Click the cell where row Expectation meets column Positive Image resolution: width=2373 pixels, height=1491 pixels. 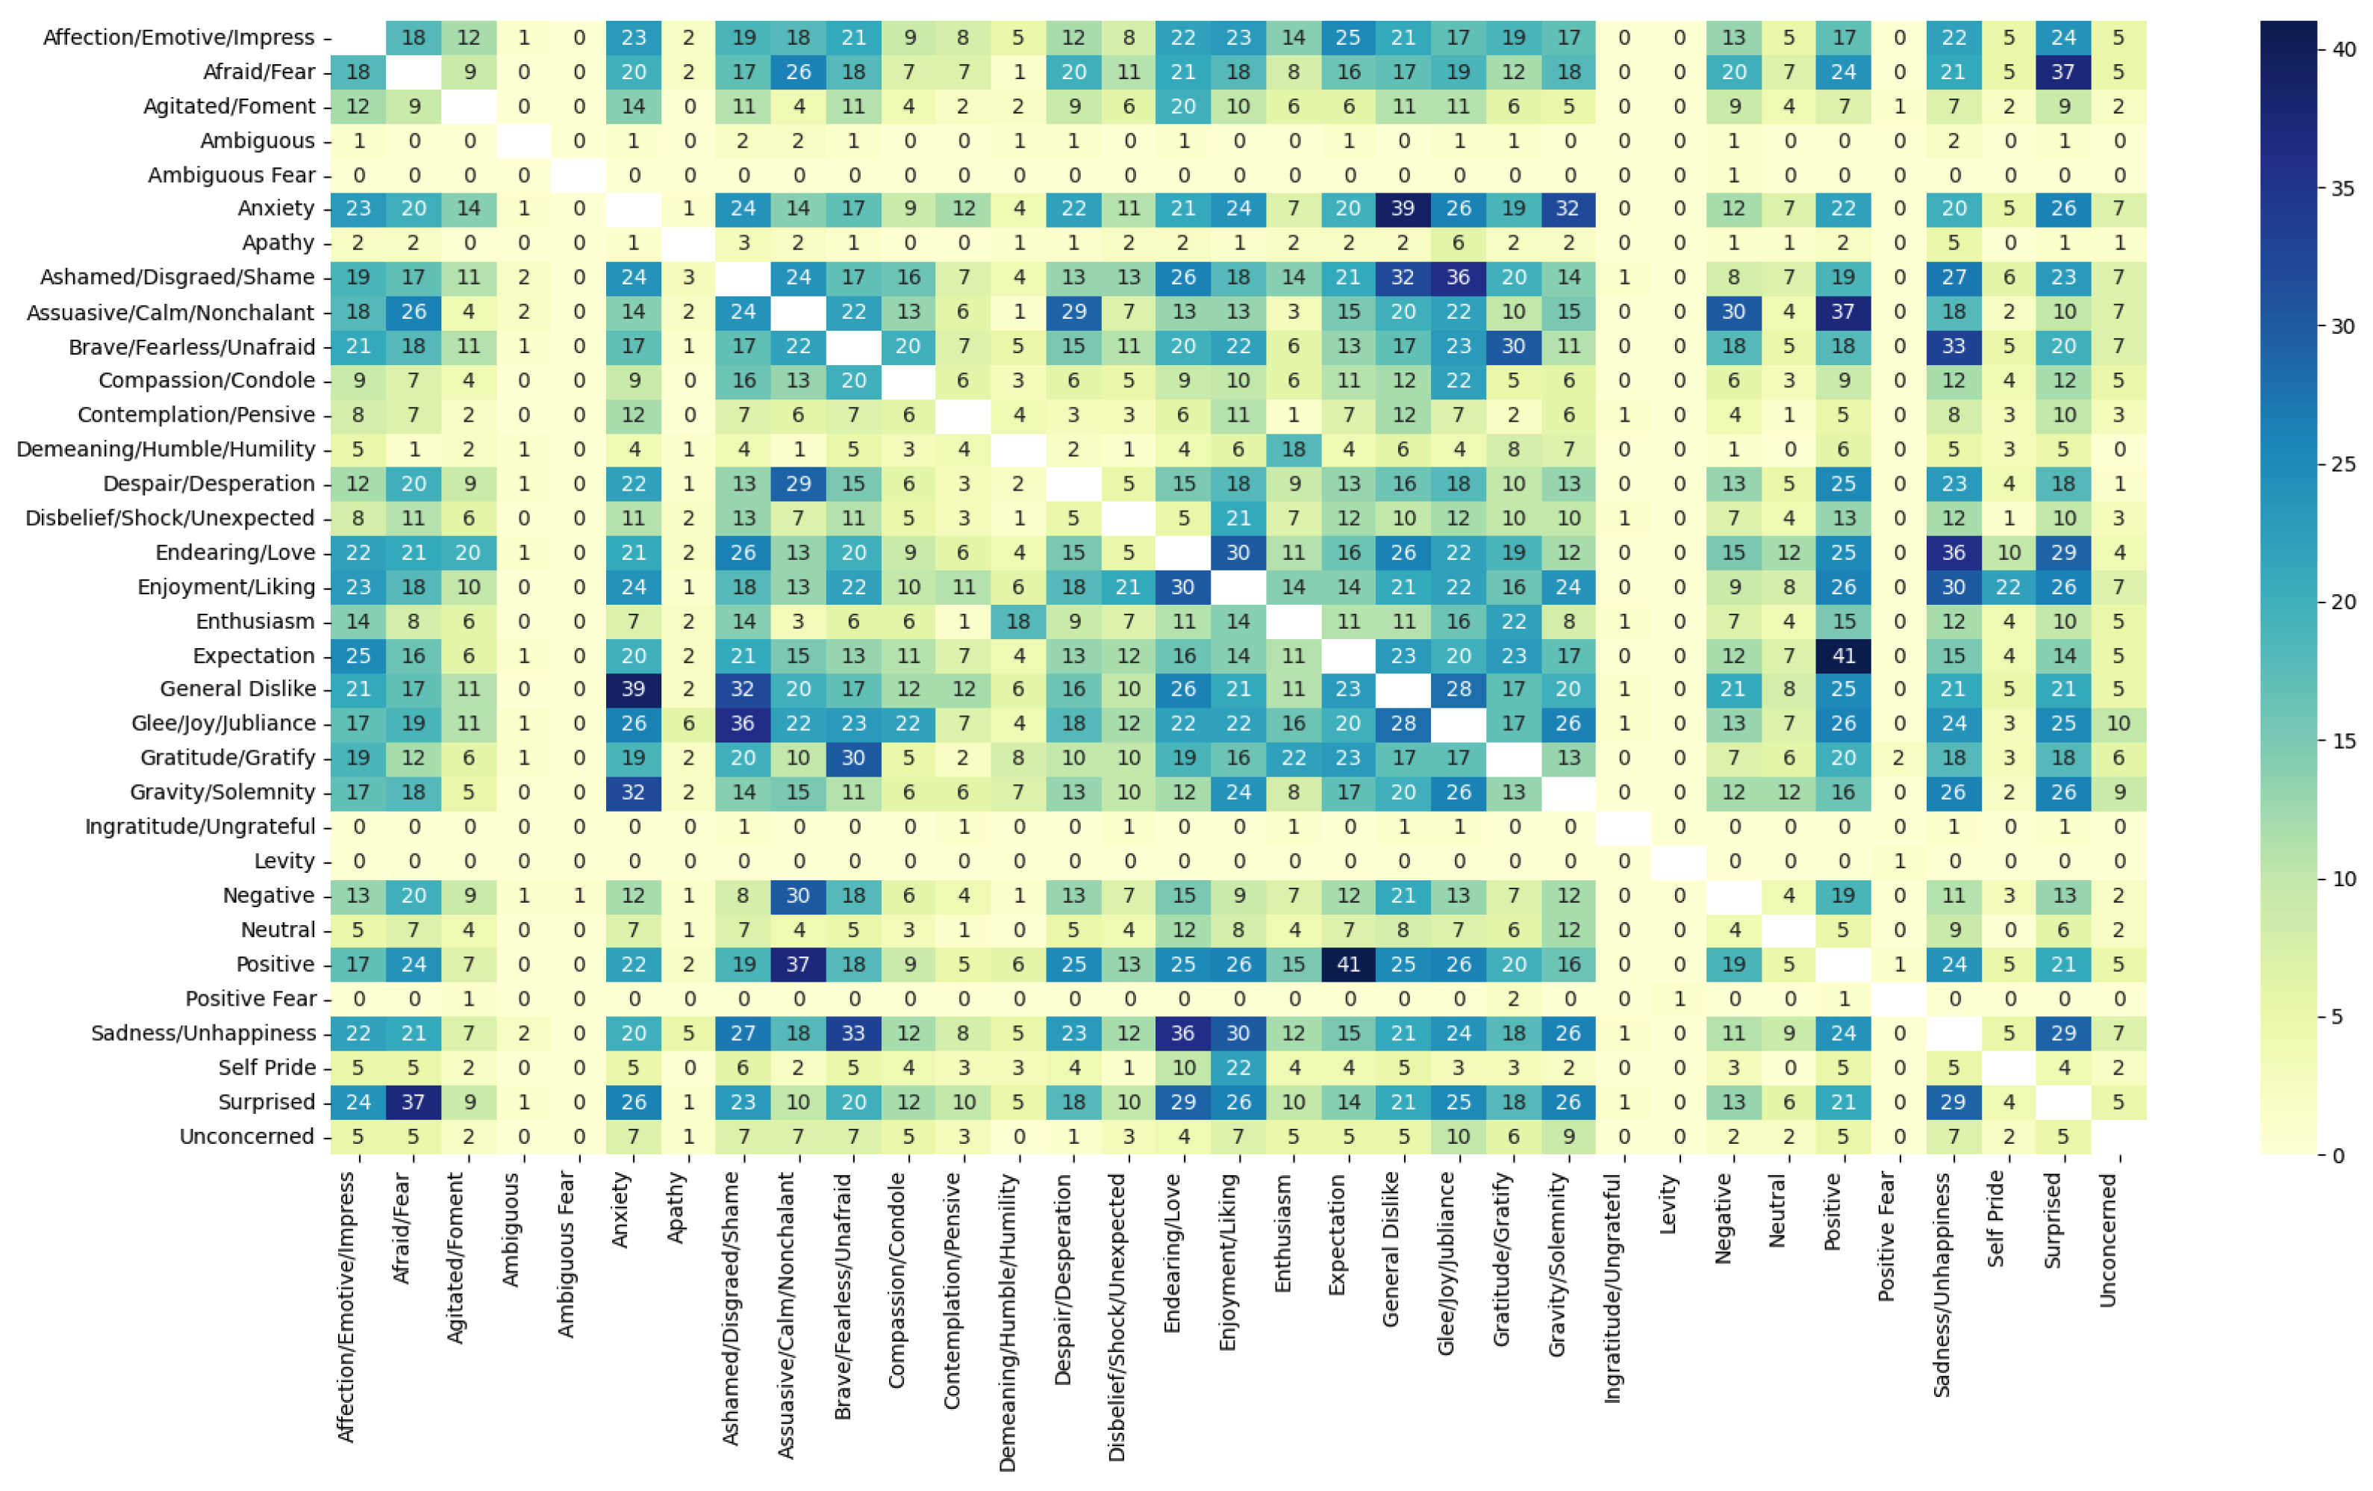coord(1843,656)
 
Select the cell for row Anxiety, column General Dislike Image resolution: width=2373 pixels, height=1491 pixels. coord(1403,208)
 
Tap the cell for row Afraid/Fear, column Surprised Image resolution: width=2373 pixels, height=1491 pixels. coord(2063,72)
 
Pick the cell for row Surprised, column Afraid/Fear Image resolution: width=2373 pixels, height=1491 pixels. coord(413,1102)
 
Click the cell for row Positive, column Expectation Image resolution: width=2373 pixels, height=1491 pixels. coord(1347,965)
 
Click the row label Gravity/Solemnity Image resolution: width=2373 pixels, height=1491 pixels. coord(222,792)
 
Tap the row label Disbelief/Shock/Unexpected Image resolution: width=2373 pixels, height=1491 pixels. coord(169,518)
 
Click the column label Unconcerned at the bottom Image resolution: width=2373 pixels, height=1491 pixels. coord(2108,1241)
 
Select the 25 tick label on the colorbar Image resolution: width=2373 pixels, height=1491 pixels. coord(2343,464)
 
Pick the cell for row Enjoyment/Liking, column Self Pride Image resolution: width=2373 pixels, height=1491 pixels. coord(2009,586)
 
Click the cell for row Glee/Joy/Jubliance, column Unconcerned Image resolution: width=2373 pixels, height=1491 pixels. coord(2118,723)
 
